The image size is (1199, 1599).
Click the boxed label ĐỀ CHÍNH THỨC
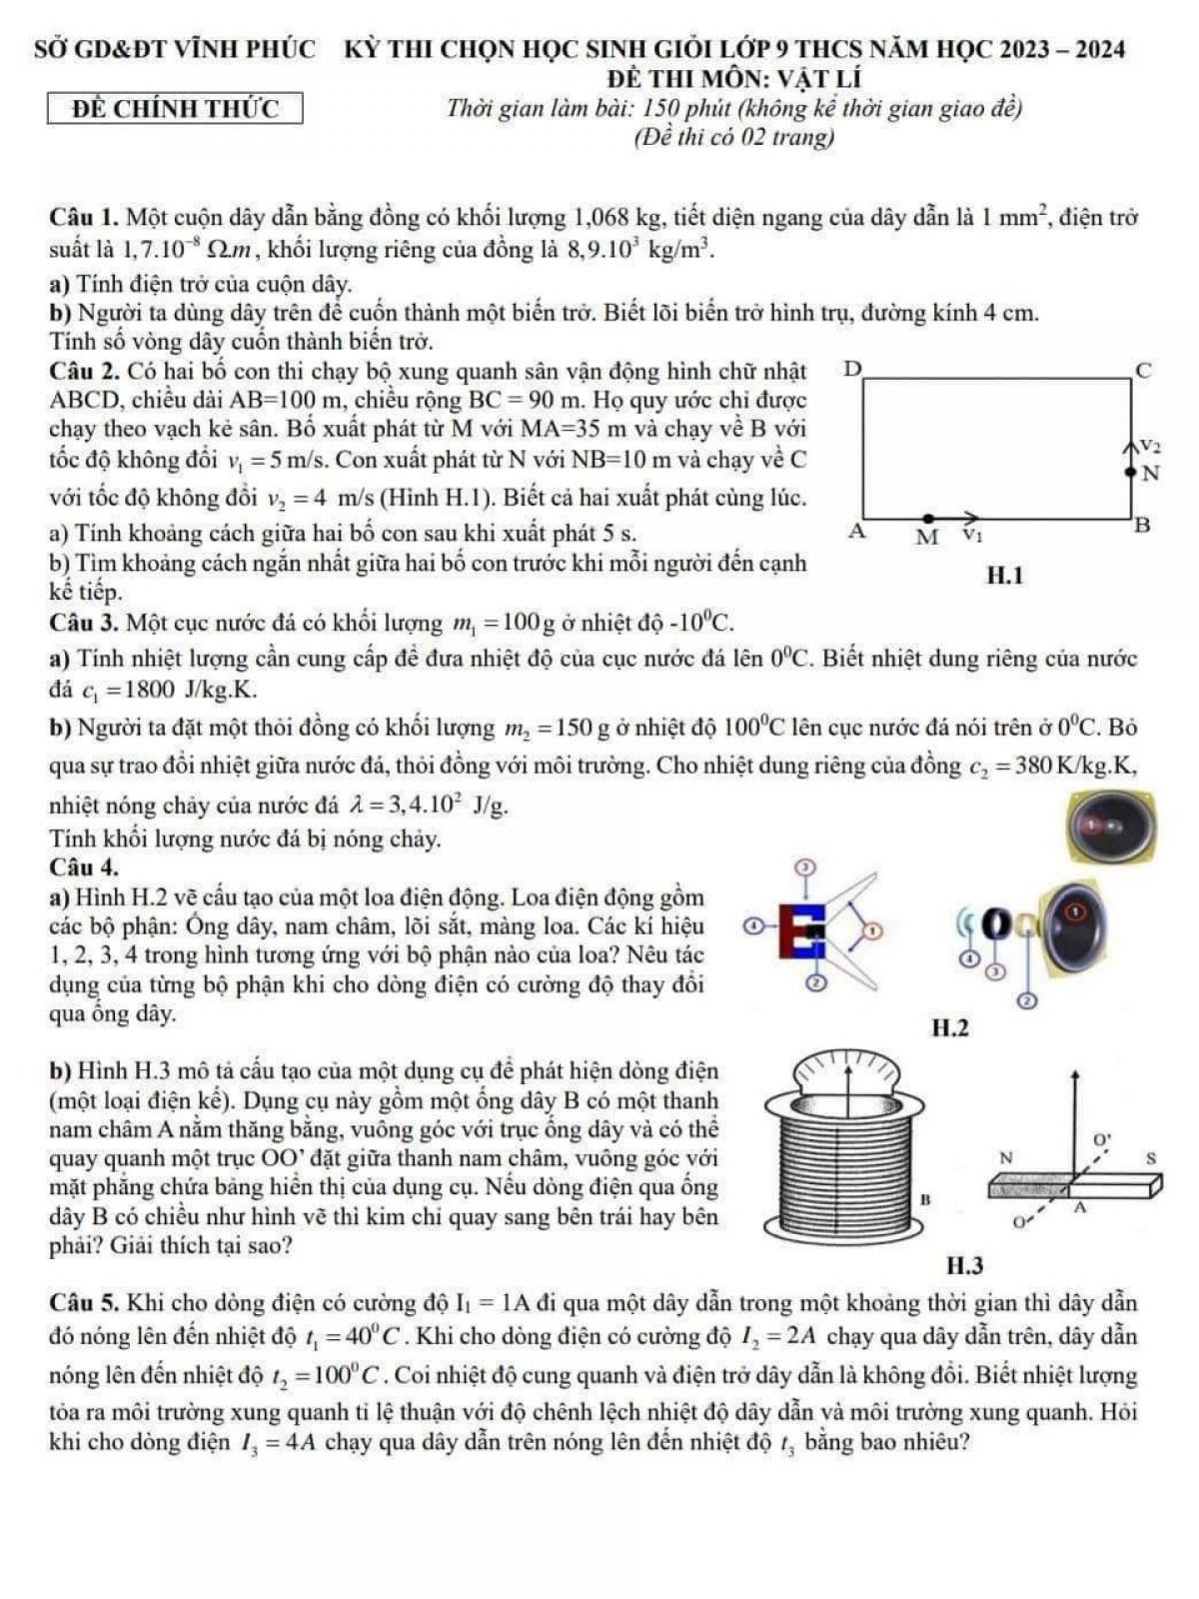click(176, 108)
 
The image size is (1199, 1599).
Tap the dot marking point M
click(929, 518)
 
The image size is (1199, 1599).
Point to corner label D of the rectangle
click(852, 370)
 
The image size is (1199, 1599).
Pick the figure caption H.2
click(949, 1027)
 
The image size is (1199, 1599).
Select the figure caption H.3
click(964, 1266)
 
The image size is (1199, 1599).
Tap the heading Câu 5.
click(84, 1303)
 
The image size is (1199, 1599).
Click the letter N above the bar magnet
click(1006, 1157)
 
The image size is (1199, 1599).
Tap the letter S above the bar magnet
click(1150, 1157)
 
